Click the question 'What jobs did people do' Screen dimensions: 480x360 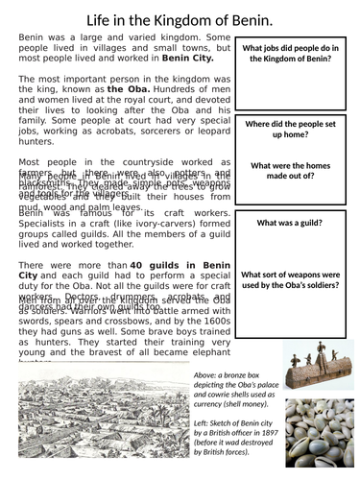pos(297,52)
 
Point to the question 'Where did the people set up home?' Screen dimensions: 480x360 pos(297,131)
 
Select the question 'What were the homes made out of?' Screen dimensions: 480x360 pos(297,172)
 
